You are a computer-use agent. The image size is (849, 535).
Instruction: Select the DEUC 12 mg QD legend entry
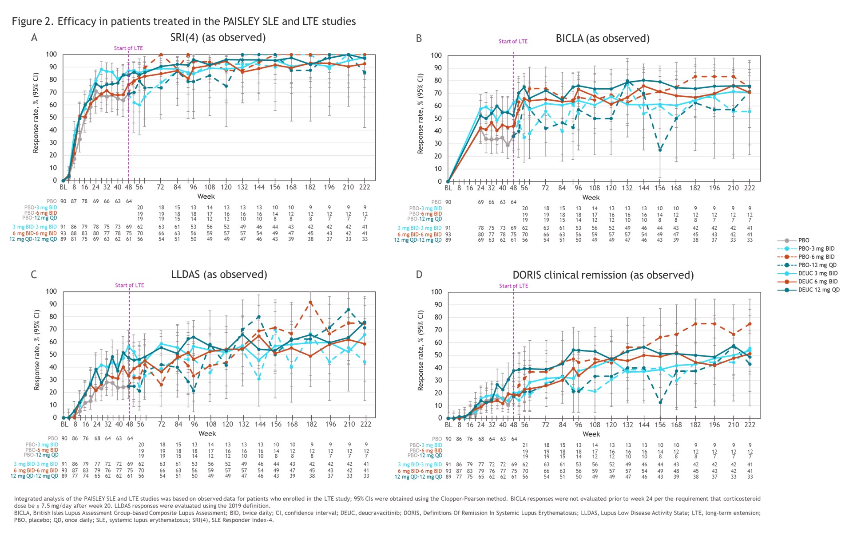(x=819, y=290)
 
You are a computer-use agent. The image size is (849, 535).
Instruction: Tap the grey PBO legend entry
(x=804, y=240)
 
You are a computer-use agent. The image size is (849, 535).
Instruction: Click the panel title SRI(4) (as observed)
(x=218, y=38)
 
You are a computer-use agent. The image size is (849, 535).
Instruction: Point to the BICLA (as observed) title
(x=603, y=39)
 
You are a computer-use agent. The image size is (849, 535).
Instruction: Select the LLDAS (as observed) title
(x=219, y=275)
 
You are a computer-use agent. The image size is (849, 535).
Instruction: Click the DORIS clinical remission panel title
(x=603, y=275)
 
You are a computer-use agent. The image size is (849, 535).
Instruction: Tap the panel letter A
(x=34, y=38)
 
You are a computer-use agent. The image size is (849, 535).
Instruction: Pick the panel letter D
(x=419, y=275)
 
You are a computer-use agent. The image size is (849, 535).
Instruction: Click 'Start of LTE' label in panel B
(x=513, y=42)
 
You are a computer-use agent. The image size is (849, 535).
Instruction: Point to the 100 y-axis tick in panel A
(x=52, y=55)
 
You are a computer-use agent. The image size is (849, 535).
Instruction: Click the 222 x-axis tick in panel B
(x=750, y=188)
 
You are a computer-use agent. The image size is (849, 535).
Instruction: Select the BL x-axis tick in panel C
(x=64, y=425)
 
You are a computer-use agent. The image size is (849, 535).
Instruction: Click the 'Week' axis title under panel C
(x=207, y=434)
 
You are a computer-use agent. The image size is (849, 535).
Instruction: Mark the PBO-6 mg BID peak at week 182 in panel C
(x=310, y=303)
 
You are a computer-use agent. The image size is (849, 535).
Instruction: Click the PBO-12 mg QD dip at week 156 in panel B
(x=660, y=150)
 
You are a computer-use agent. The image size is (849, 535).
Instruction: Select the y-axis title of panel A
(x=36, y=113)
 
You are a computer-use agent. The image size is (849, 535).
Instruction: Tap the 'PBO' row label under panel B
(x=436, y=202)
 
